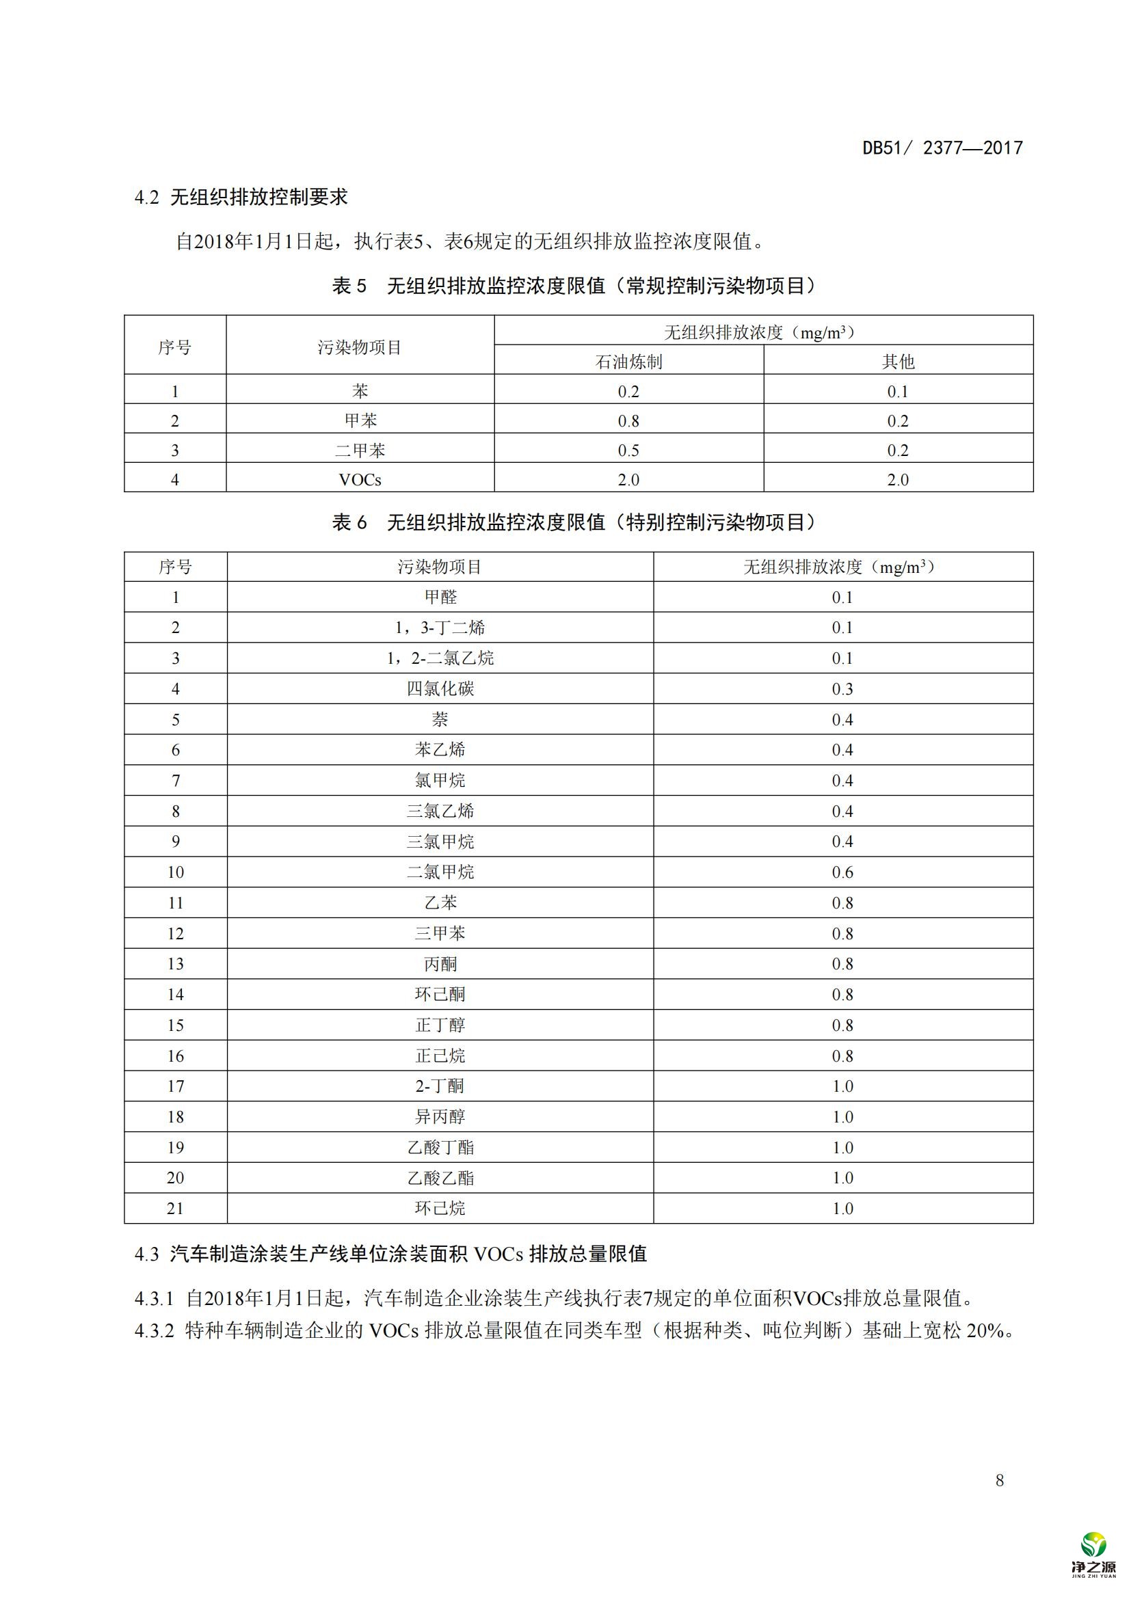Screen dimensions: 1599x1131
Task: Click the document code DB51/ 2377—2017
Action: coord(942,148)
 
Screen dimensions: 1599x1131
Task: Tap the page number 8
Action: coord(1000,1480)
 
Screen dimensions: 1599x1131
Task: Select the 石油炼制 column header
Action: coord(628,362)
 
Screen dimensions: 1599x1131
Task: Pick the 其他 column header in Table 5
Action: coord(898,362)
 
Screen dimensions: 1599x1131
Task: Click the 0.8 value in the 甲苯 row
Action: coord(628,420)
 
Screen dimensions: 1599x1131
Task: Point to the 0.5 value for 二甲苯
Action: coord(628,451)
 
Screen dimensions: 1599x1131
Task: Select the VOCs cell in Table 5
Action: coord(360,480)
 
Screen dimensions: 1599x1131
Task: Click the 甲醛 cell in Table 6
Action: coord(440,597)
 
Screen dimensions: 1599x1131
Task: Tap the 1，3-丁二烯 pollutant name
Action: coord(440,628)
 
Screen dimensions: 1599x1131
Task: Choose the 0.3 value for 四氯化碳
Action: coord(842,689)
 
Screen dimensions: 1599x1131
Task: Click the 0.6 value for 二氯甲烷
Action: coord(842,872)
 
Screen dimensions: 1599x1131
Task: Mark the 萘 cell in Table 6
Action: coord(440,719)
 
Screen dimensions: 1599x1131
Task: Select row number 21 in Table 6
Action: coord(176,1208)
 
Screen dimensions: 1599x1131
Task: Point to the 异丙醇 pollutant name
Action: coord(440,1116)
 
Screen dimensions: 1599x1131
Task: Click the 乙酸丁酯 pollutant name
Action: coord(440,1147)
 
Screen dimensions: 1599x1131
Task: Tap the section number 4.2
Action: coord(146,198)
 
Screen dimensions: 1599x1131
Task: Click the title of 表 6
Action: coord(573,522)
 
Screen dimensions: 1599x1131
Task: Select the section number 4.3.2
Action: coord(154,1331)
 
